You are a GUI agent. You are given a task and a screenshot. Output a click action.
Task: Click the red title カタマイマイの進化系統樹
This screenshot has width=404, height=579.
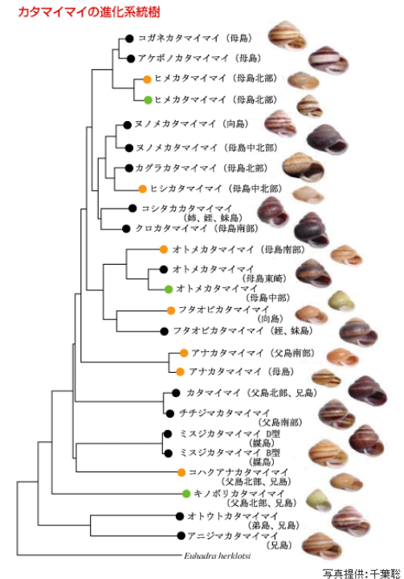pyautogui.click(x=89, y=12)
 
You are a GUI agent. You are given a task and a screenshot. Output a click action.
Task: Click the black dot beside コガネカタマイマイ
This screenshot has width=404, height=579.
pyautogui.click(x=129, y=38)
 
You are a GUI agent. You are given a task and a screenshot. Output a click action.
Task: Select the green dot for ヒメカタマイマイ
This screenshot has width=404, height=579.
pyautogui.click(x=148, y=99)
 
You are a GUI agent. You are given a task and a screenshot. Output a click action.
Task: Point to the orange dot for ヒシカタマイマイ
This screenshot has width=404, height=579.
pyautogui.click(x=142, y=189)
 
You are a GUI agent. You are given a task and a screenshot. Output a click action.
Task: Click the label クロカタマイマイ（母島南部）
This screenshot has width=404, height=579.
pyautogui.click(x=197, y=229)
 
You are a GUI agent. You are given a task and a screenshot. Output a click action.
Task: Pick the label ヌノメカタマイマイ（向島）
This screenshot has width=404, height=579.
pyautogui.click(x=191, y=124)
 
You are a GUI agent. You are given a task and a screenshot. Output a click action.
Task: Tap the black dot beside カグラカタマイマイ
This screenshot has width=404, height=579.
pyautogui.click(x=129, y=168)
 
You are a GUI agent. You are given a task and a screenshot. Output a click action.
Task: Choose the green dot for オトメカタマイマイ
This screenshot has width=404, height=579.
pyautogui.click(x=169, y=289)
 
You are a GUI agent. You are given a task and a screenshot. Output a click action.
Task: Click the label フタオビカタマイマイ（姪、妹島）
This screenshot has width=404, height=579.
pyautogui.click(x=243, y=331)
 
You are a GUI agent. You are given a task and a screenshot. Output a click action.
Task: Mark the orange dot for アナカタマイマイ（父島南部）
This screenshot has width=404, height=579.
pyautogui.click(x=184, y=353)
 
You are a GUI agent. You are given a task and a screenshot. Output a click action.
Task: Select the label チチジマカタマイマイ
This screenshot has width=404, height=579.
pyautogui.click(x=225, y=413)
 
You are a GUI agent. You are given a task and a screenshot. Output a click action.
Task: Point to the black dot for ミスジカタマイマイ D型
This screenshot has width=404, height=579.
pyautogui.click(x=168, y=433)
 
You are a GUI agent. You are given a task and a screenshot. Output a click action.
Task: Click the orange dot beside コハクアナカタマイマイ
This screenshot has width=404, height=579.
pyautogui.click(x=181, y=472)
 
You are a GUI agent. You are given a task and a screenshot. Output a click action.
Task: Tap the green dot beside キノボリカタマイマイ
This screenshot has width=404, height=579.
pyautogui.click(x=186, y=493)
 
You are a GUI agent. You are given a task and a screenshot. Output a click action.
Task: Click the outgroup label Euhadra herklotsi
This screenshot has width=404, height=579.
pyautogui.click(x=217, y=555)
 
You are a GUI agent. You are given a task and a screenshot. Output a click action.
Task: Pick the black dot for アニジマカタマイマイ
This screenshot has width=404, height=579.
pyautogui.click(x=181, y=536)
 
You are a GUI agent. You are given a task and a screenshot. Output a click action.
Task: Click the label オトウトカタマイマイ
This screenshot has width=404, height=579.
pyautogui.click(x=233, y=516)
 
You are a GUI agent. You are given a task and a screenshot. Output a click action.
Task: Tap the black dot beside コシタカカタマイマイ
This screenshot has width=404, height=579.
pyautogui.click(x=133, y=209)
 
